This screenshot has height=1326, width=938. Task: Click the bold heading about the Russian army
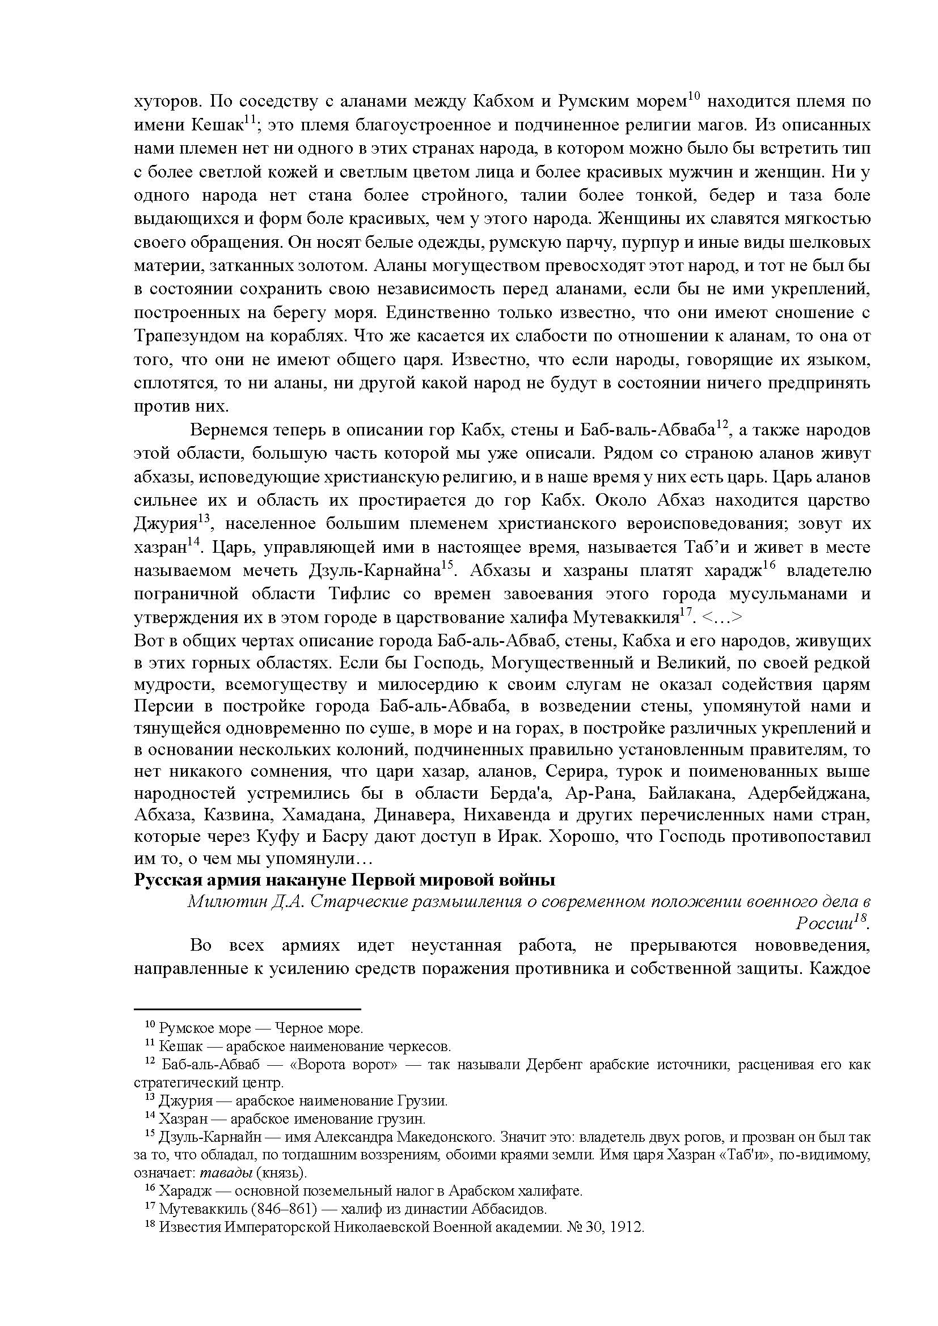click(x=344, y=880)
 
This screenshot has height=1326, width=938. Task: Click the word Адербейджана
click(x=809, y=793)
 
